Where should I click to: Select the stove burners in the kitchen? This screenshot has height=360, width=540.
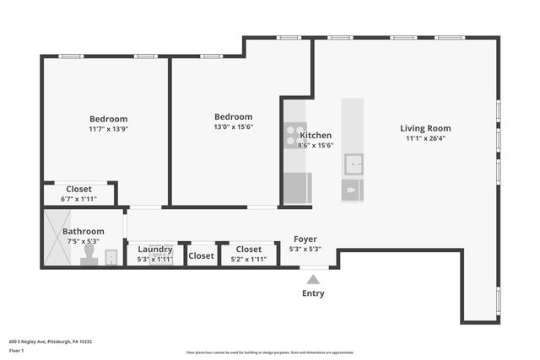tap(294, 135)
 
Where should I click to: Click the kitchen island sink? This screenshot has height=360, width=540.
tap(353, 164)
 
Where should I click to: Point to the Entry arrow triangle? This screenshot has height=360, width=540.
tap(313, 279)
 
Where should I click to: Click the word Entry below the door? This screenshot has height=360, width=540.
tap(313, 293)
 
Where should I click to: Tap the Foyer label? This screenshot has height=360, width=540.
tap(305, 239)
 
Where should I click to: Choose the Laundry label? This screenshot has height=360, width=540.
tap(154, 250)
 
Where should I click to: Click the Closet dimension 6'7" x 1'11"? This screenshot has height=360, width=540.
tap(78, 199)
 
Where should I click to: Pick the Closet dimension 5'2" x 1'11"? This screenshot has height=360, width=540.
tap(248, 259)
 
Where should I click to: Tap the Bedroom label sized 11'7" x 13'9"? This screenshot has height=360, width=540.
tap(108, 119)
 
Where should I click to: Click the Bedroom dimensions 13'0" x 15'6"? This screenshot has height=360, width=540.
tap(233, 126)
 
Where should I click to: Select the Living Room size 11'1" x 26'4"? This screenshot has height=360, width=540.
tap(425, 138)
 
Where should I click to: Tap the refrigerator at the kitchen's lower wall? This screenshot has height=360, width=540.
tap(297, 188)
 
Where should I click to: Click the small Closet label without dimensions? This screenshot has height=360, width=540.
tap(202, 255)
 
